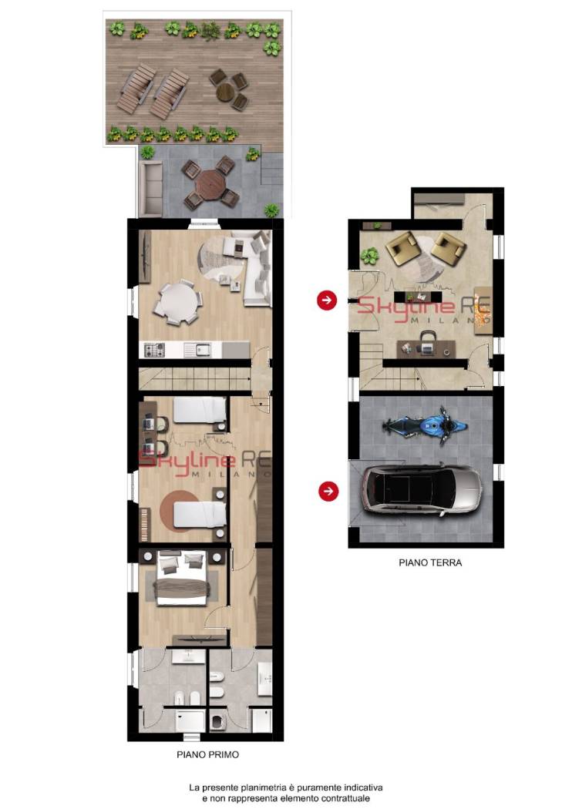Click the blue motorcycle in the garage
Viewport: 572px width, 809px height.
point(425,425)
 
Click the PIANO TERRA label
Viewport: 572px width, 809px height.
point(430,562)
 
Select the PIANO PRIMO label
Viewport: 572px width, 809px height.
point(207,754)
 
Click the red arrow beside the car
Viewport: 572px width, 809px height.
point(328,491)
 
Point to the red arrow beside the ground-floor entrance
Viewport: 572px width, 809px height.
point(327,300)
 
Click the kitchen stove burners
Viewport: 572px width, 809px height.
point(154,351)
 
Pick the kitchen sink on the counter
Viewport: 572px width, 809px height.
point(197,351)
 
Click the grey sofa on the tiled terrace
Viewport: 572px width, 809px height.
point(150,188)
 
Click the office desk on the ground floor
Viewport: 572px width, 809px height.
point(426,347)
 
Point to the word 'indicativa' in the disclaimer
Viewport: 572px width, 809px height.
point(365,788)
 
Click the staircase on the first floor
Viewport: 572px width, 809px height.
point(195,379)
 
